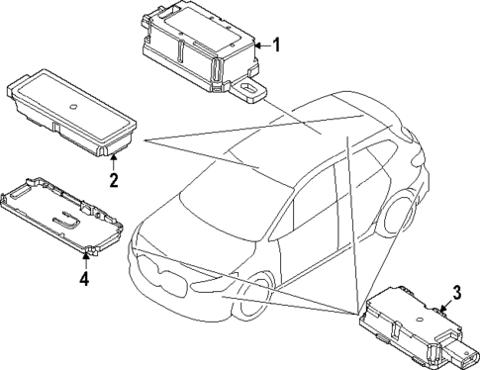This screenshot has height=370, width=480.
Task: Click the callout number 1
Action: point(277,45)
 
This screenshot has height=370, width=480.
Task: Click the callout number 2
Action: point(114,180)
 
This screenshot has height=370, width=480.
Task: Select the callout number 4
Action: point(84,280)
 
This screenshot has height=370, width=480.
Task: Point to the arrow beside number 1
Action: point(262,45)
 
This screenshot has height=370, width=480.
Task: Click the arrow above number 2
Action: point(114,162)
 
